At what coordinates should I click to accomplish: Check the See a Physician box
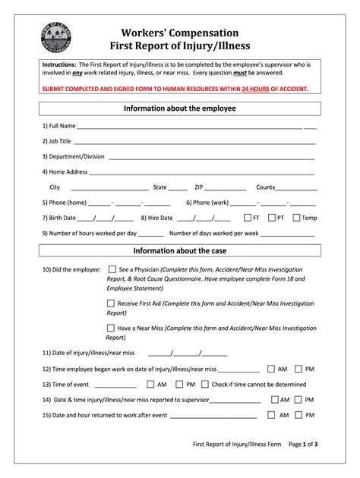point(112,269)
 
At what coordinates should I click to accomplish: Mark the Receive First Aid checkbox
point(112,303)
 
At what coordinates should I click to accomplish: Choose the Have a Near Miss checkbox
point(112,328)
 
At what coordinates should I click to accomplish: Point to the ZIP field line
point(226,187)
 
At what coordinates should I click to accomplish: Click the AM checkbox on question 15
point(270,416)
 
